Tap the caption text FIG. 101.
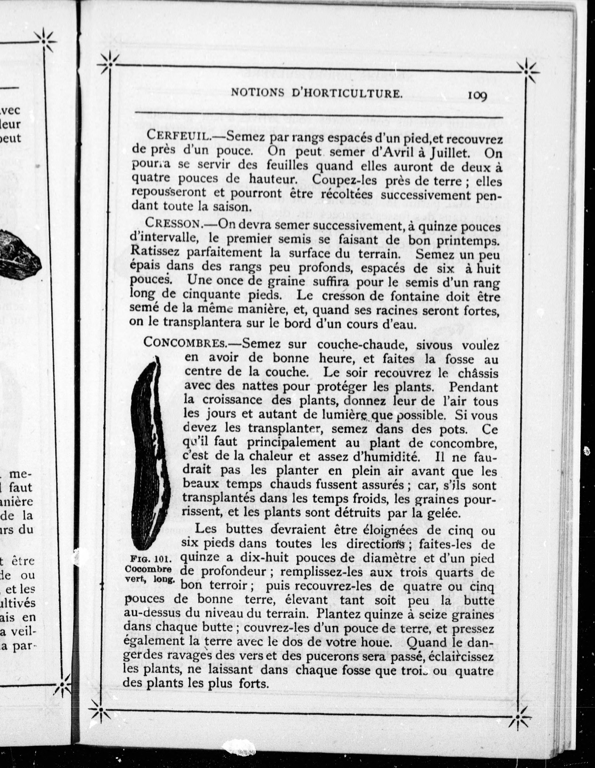click(x=151, y=558)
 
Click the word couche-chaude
click(x=362, y=345)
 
